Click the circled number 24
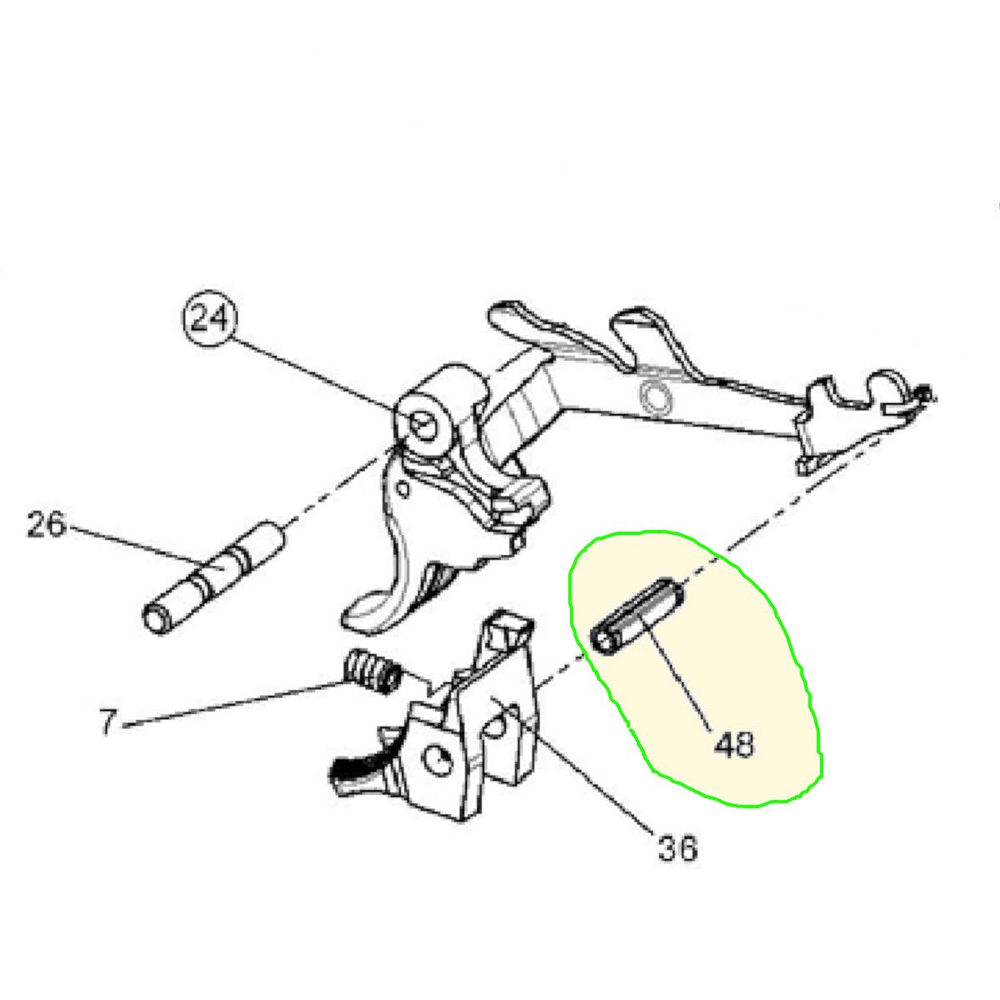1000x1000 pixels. [210, 318]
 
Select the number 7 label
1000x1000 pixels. [107, 722]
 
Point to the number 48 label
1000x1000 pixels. [734, 745]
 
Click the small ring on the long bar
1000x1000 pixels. [656, 398]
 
